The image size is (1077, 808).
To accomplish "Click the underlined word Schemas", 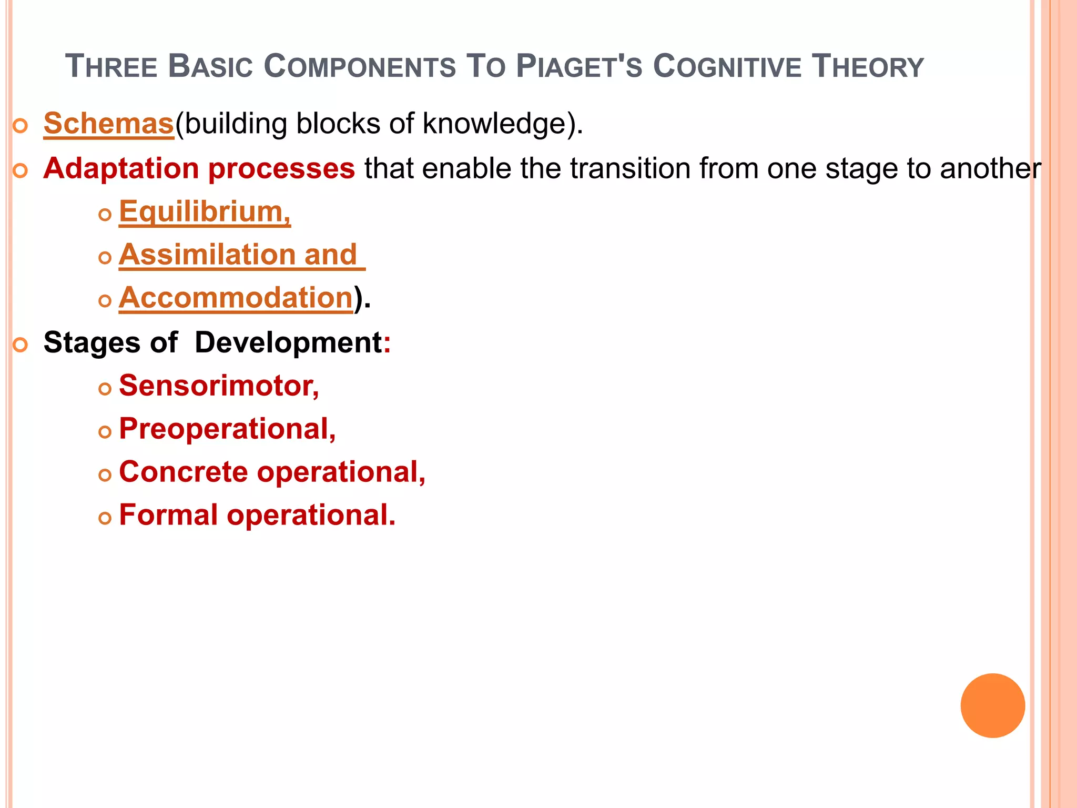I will click(108, 124).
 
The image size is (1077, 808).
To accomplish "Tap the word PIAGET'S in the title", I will click(579, 67).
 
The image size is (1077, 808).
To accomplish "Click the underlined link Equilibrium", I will click(204, 212).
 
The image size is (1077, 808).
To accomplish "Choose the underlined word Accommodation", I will click(236, 298).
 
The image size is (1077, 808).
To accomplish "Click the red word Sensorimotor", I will click(219, 386).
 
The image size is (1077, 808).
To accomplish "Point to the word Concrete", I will click(183, 472).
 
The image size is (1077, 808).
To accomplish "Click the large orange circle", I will click(992, 705).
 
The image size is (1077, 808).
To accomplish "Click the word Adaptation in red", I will click(121, 169).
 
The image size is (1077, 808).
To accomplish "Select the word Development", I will click(288, 342).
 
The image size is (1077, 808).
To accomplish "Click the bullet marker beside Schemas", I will click(20, 126).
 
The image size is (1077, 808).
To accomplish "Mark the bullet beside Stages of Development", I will click(20, 345).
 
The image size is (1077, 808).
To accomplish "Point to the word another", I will click(990, 169).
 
